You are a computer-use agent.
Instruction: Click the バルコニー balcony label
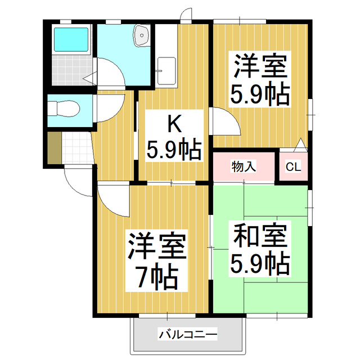click(x=188, y=335)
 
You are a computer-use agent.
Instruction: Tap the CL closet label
click(x=293, y=166)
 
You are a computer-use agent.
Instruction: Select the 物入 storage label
click(x=244, y=166)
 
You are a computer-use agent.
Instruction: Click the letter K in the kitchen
click(x=174, y=122)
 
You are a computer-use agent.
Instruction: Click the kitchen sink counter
click(x=166, y=56)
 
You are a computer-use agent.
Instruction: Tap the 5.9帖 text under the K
click(x=174, y=149)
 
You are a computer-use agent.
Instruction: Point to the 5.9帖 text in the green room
click(x=260, y=262)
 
